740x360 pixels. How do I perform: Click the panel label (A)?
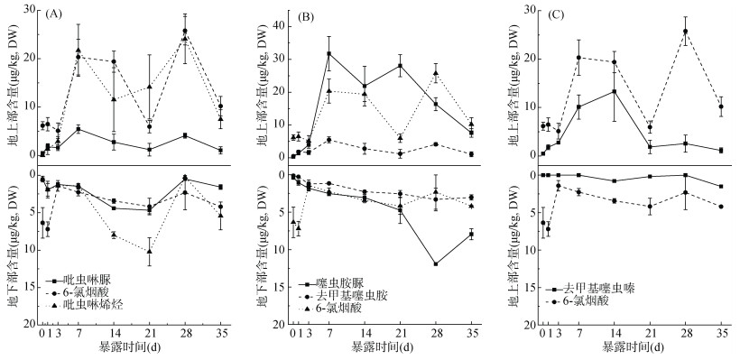click(x=54, y=14)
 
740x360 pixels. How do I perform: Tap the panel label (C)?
click(x=556, y=14)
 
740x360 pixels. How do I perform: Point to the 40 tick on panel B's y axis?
click(x=282, y=26)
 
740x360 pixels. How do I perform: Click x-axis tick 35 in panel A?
click(x=220, y=335)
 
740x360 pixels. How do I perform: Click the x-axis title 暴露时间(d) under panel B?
click(x=383, y=348)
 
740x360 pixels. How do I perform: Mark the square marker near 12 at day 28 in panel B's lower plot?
click(x=436, y=264)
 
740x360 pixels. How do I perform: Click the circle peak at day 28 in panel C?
click(x=685, y=32)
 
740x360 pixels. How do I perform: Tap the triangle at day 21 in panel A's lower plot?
click(x=149, y=252)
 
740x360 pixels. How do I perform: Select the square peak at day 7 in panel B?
click(x=328, y=54)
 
